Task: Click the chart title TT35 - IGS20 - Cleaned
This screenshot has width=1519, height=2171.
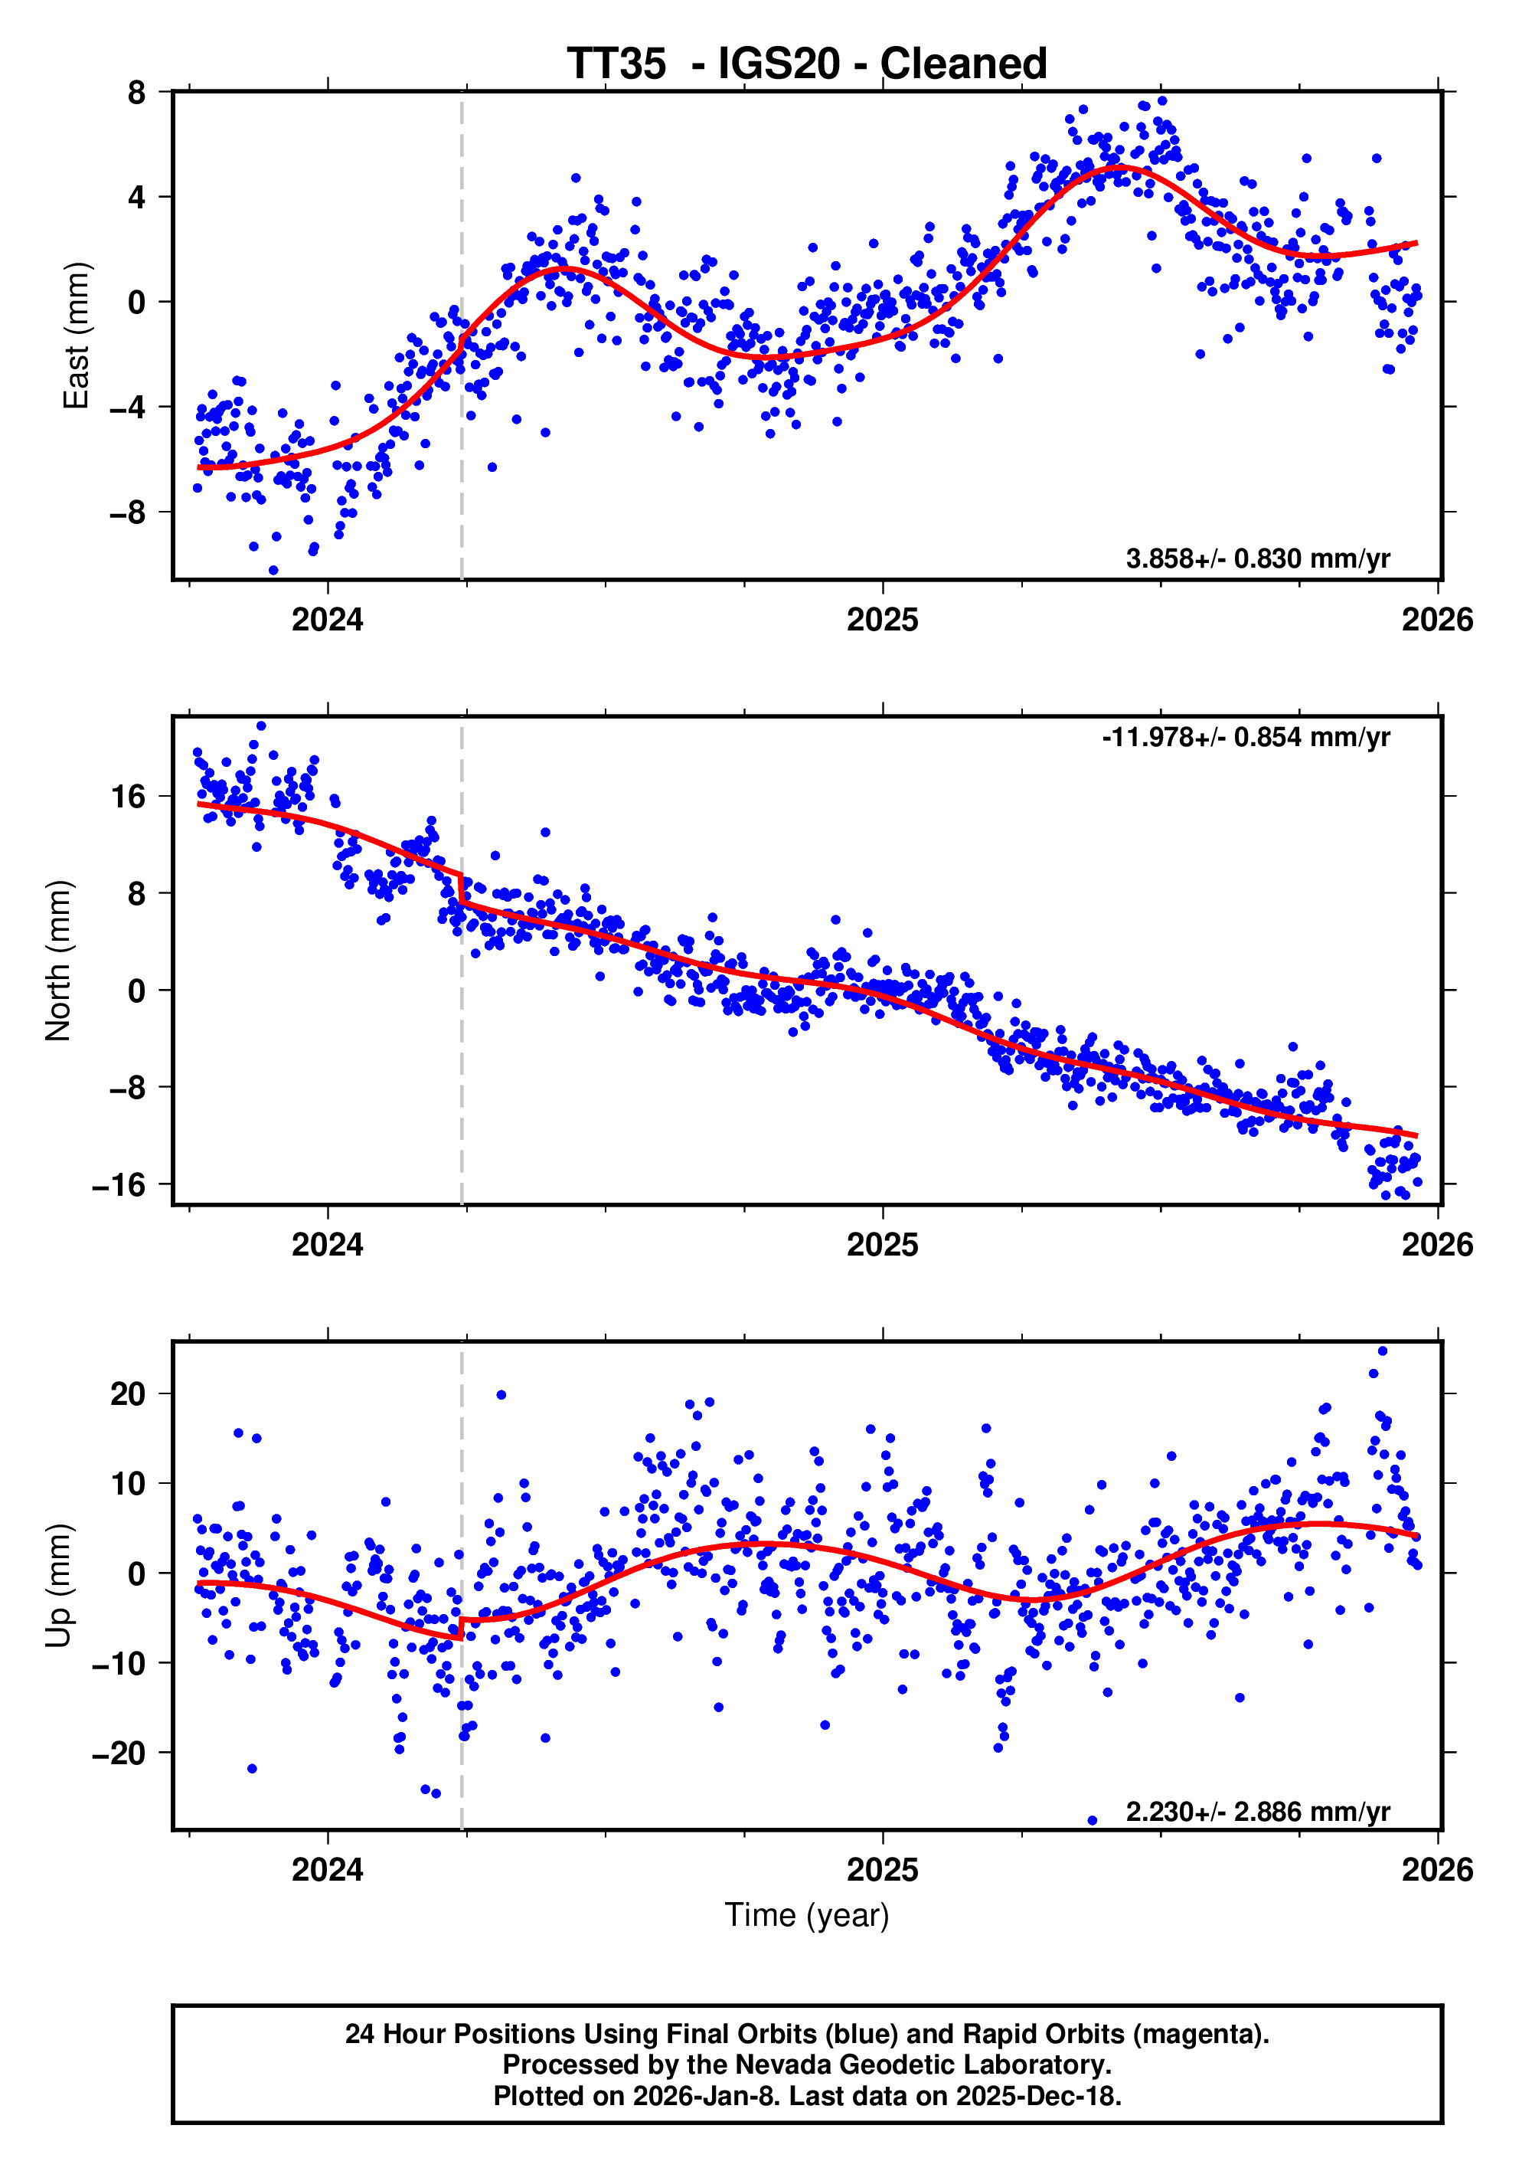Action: pyautogui.click(x=806, y=64)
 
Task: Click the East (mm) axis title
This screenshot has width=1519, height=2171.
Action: pyautogui.click(x=76, y=336)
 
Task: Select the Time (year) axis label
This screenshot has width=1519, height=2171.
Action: pyautogui.click(x=806, y=1914)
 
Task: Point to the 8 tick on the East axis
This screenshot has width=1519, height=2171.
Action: pyautogui.click(x=137, y=93)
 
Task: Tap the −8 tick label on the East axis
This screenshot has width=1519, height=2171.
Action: pyautogui.click(x=128, y=512)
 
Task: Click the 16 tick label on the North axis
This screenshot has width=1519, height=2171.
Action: pyautogui.click(x=128, y=796)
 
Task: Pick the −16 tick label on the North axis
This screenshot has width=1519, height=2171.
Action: pyautogui.click(x=119, y=1185)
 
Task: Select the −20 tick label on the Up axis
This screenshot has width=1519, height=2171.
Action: pyautogui.click(x=119, y=1753)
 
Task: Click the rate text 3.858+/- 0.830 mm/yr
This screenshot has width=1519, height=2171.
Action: pyautogui.click(x=1257, y=558)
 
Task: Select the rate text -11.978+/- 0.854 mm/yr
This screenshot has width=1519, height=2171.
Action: pyautogui.click(x=1246, y=738)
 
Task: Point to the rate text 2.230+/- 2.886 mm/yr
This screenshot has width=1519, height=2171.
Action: pyautogui.click(x=1257, y=1812)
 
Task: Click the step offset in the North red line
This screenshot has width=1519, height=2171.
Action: pyautogui.click(x=461, y=889)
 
